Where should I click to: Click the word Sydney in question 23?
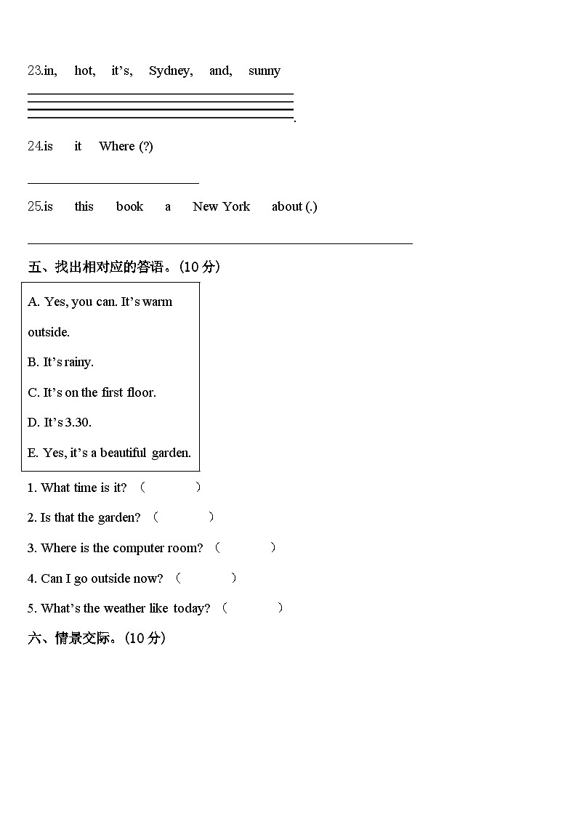pyautogui.click(x=170, y=70)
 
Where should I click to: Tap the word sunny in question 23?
pyautogui.click(x=264, y=70)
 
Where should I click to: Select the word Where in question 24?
pyautogui.click(x=117, y=146)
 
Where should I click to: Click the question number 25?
pyautogui.click(x=35, y=206)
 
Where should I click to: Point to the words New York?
pyautogui.click(x=221, y=206)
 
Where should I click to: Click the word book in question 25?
pyautogui.click(x=129, y=206)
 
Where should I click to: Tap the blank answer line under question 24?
pyautogui.click(x=113, y=183)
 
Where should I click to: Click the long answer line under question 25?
pyautogui.click(x=219, y=243)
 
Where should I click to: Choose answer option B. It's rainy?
pyautogui.click(x=61, y=362)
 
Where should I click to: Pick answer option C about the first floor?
pyautogui.click(x=92, y=392)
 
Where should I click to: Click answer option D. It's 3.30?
pyautogui.click(x=60, y=422)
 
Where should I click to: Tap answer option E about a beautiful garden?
pyautogui.click(x=109, y=453)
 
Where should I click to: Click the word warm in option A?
pyautogui.click(x=158, y=302)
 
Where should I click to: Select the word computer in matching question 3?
pyautogui.click(x=139, y=548)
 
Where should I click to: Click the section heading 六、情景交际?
pyautogui.click(x=97, y=639)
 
